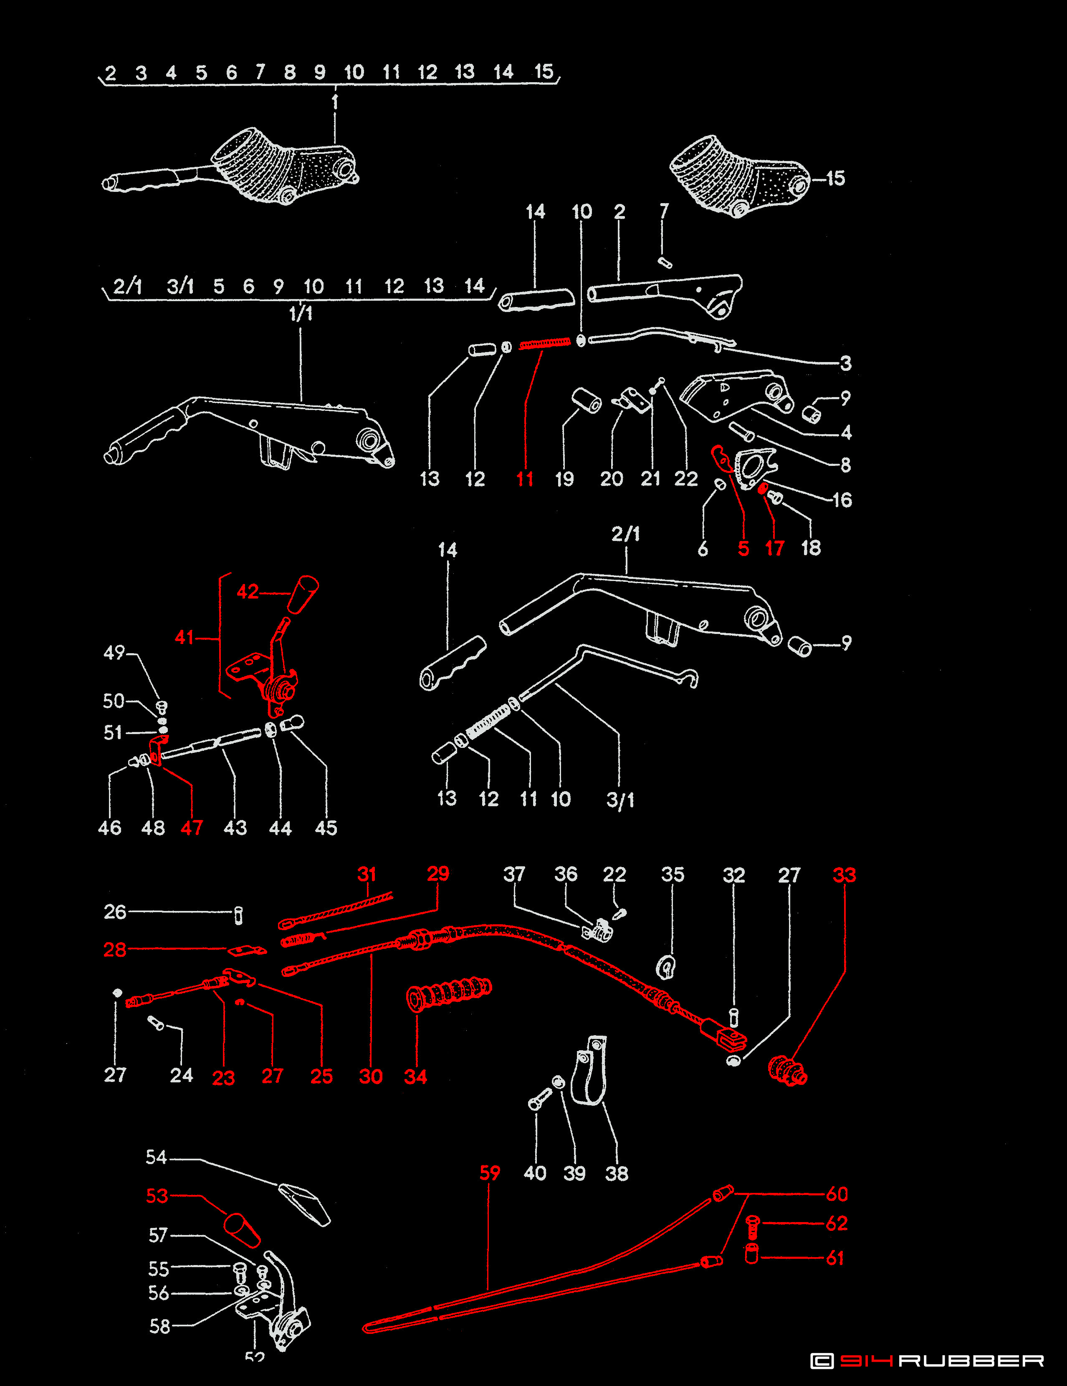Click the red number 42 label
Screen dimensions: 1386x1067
[x=248, y=592]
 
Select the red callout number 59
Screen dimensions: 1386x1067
[x=490, y=1173]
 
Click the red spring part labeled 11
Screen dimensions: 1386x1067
[x=544, y=344]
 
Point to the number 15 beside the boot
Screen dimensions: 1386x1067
[x=835, y=179]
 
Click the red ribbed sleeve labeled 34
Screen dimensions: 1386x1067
[x=448, y=992]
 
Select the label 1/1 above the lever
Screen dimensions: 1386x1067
[x=301, y=314]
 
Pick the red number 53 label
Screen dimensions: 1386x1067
[x=157, y=1196]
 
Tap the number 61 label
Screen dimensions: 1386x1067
[x=835, y=1258]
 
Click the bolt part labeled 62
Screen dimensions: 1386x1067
[x=752, y=1227]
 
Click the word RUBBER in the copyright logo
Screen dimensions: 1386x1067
[x=972, y=1361]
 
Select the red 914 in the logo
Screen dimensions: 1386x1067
[x=867, y=1361]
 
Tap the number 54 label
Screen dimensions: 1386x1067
[x=156, y=1157]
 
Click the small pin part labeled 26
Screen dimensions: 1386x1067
[x=239, y=915]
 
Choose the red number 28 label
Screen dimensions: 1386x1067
[x=115, y=950]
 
